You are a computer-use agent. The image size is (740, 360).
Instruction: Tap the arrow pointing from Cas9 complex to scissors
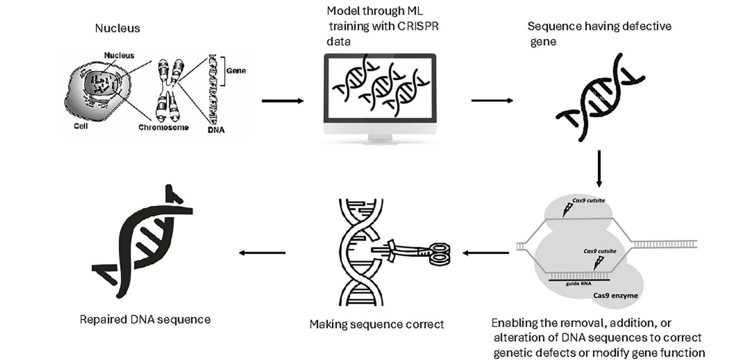(486, 253)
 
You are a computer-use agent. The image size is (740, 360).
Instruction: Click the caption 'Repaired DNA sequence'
(145, 320)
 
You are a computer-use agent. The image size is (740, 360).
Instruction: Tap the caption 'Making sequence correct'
(377, 324)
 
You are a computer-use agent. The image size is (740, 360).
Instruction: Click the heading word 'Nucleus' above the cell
(117, 28)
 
